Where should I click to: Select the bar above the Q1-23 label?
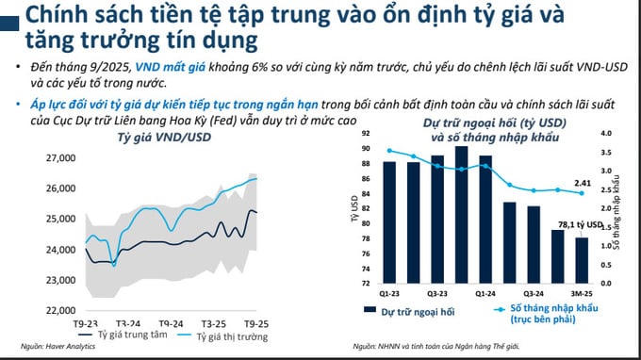point(388,221)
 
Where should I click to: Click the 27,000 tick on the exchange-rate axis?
point(61,158)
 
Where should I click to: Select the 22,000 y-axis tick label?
point(61,311)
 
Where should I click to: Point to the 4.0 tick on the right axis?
point(606,134)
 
